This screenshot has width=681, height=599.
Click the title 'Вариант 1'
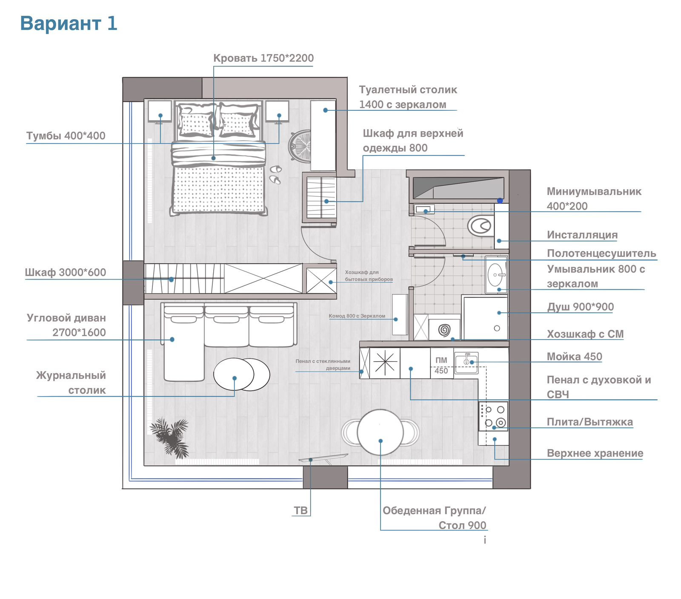click(x=69, y=23)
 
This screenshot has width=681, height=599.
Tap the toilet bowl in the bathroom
click(x=480, y=226)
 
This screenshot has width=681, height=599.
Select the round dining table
click(x=380, y=432)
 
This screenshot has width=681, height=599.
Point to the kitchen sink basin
click(x=466, y=363)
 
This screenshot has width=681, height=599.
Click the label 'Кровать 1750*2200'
click(x=263, y=58)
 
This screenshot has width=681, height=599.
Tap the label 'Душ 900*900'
click(x=581, y=307)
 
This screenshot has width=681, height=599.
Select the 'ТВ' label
click(x=300, y=510)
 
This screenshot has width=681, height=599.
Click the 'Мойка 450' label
click(x=575, y=357)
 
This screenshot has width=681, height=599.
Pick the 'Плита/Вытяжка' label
click(x=590, y=422)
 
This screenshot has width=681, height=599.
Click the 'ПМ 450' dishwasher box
click(x=441, y=363)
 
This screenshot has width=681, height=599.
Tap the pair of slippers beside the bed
click(x=275, y=175)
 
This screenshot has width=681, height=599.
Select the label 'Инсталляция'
click(x=582, y=235)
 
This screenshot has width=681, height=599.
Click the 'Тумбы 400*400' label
click(x=66, y=135)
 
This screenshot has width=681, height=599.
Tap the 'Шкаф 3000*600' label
click(x=66, y=272)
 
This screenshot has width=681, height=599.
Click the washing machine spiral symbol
click(x=444, y=330)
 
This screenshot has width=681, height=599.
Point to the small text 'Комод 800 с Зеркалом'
click(x=357, y=316)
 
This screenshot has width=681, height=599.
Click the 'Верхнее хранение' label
click(x=595, y=453)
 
